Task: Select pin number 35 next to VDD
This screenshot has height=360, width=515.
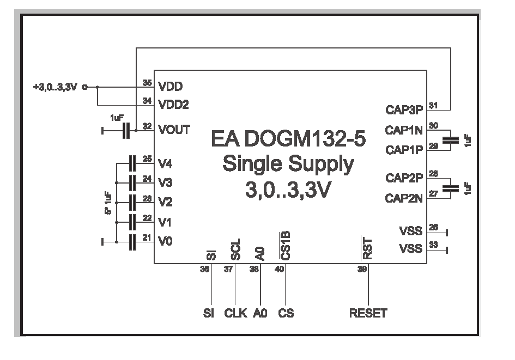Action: point(146,83)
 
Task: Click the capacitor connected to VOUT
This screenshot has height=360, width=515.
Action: point(126,131)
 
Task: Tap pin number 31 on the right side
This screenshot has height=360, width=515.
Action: point(433,105)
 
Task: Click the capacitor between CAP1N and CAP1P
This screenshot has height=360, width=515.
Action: point(450,140)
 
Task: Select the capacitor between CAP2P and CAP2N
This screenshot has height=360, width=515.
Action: point(450,188)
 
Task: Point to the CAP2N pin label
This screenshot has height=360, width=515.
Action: point(404,199)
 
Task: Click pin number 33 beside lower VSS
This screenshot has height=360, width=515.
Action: point(433,245)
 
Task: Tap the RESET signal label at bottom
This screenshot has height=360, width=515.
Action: point(368,313)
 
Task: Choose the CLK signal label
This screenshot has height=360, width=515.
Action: point(235,313)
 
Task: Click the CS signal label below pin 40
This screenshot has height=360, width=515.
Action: point(286,313)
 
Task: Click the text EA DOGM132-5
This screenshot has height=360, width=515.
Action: point(288,140)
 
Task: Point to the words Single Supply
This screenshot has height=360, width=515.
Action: point(288,164)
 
